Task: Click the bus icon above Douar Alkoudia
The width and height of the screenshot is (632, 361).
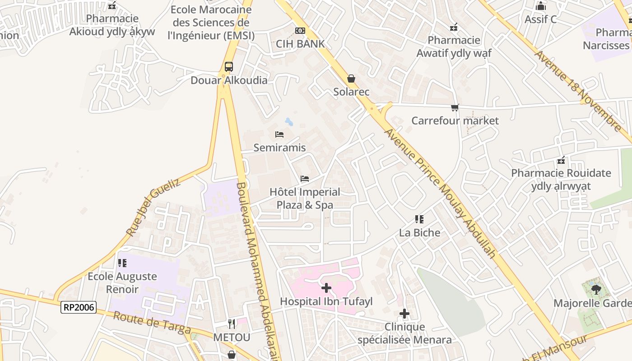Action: tap(229, 67)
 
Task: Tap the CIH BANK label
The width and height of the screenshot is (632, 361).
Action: tap(300, 44)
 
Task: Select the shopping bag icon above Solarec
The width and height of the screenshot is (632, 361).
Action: tap(351, 79)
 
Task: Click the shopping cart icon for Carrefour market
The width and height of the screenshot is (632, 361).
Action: tap(455, 107)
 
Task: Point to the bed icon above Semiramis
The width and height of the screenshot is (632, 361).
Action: tap(279, 134)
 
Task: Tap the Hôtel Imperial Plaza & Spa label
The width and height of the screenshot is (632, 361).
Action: tap(305, 199)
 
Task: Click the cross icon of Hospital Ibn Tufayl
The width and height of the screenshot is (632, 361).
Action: tap(326, 287)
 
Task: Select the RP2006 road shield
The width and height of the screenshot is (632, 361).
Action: tap(79, 307)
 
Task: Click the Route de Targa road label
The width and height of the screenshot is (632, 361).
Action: tap(152, 323)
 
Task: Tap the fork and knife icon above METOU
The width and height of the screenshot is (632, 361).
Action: tap(232, 324)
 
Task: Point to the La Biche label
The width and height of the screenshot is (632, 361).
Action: tap(419, 233)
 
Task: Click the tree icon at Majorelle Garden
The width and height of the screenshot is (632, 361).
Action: tap(596, 289)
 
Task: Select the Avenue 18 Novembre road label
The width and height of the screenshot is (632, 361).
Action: tap(577, 90)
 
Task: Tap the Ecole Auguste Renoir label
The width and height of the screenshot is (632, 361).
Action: tap(122, 282)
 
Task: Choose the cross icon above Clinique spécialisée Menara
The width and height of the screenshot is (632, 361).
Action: tap(404, 313)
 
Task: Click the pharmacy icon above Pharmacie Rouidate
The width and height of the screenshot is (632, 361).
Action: tap(561, 160)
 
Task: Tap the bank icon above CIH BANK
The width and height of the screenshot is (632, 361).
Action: tap(300, 31)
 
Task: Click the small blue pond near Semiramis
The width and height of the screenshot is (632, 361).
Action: tap(289, 122)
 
